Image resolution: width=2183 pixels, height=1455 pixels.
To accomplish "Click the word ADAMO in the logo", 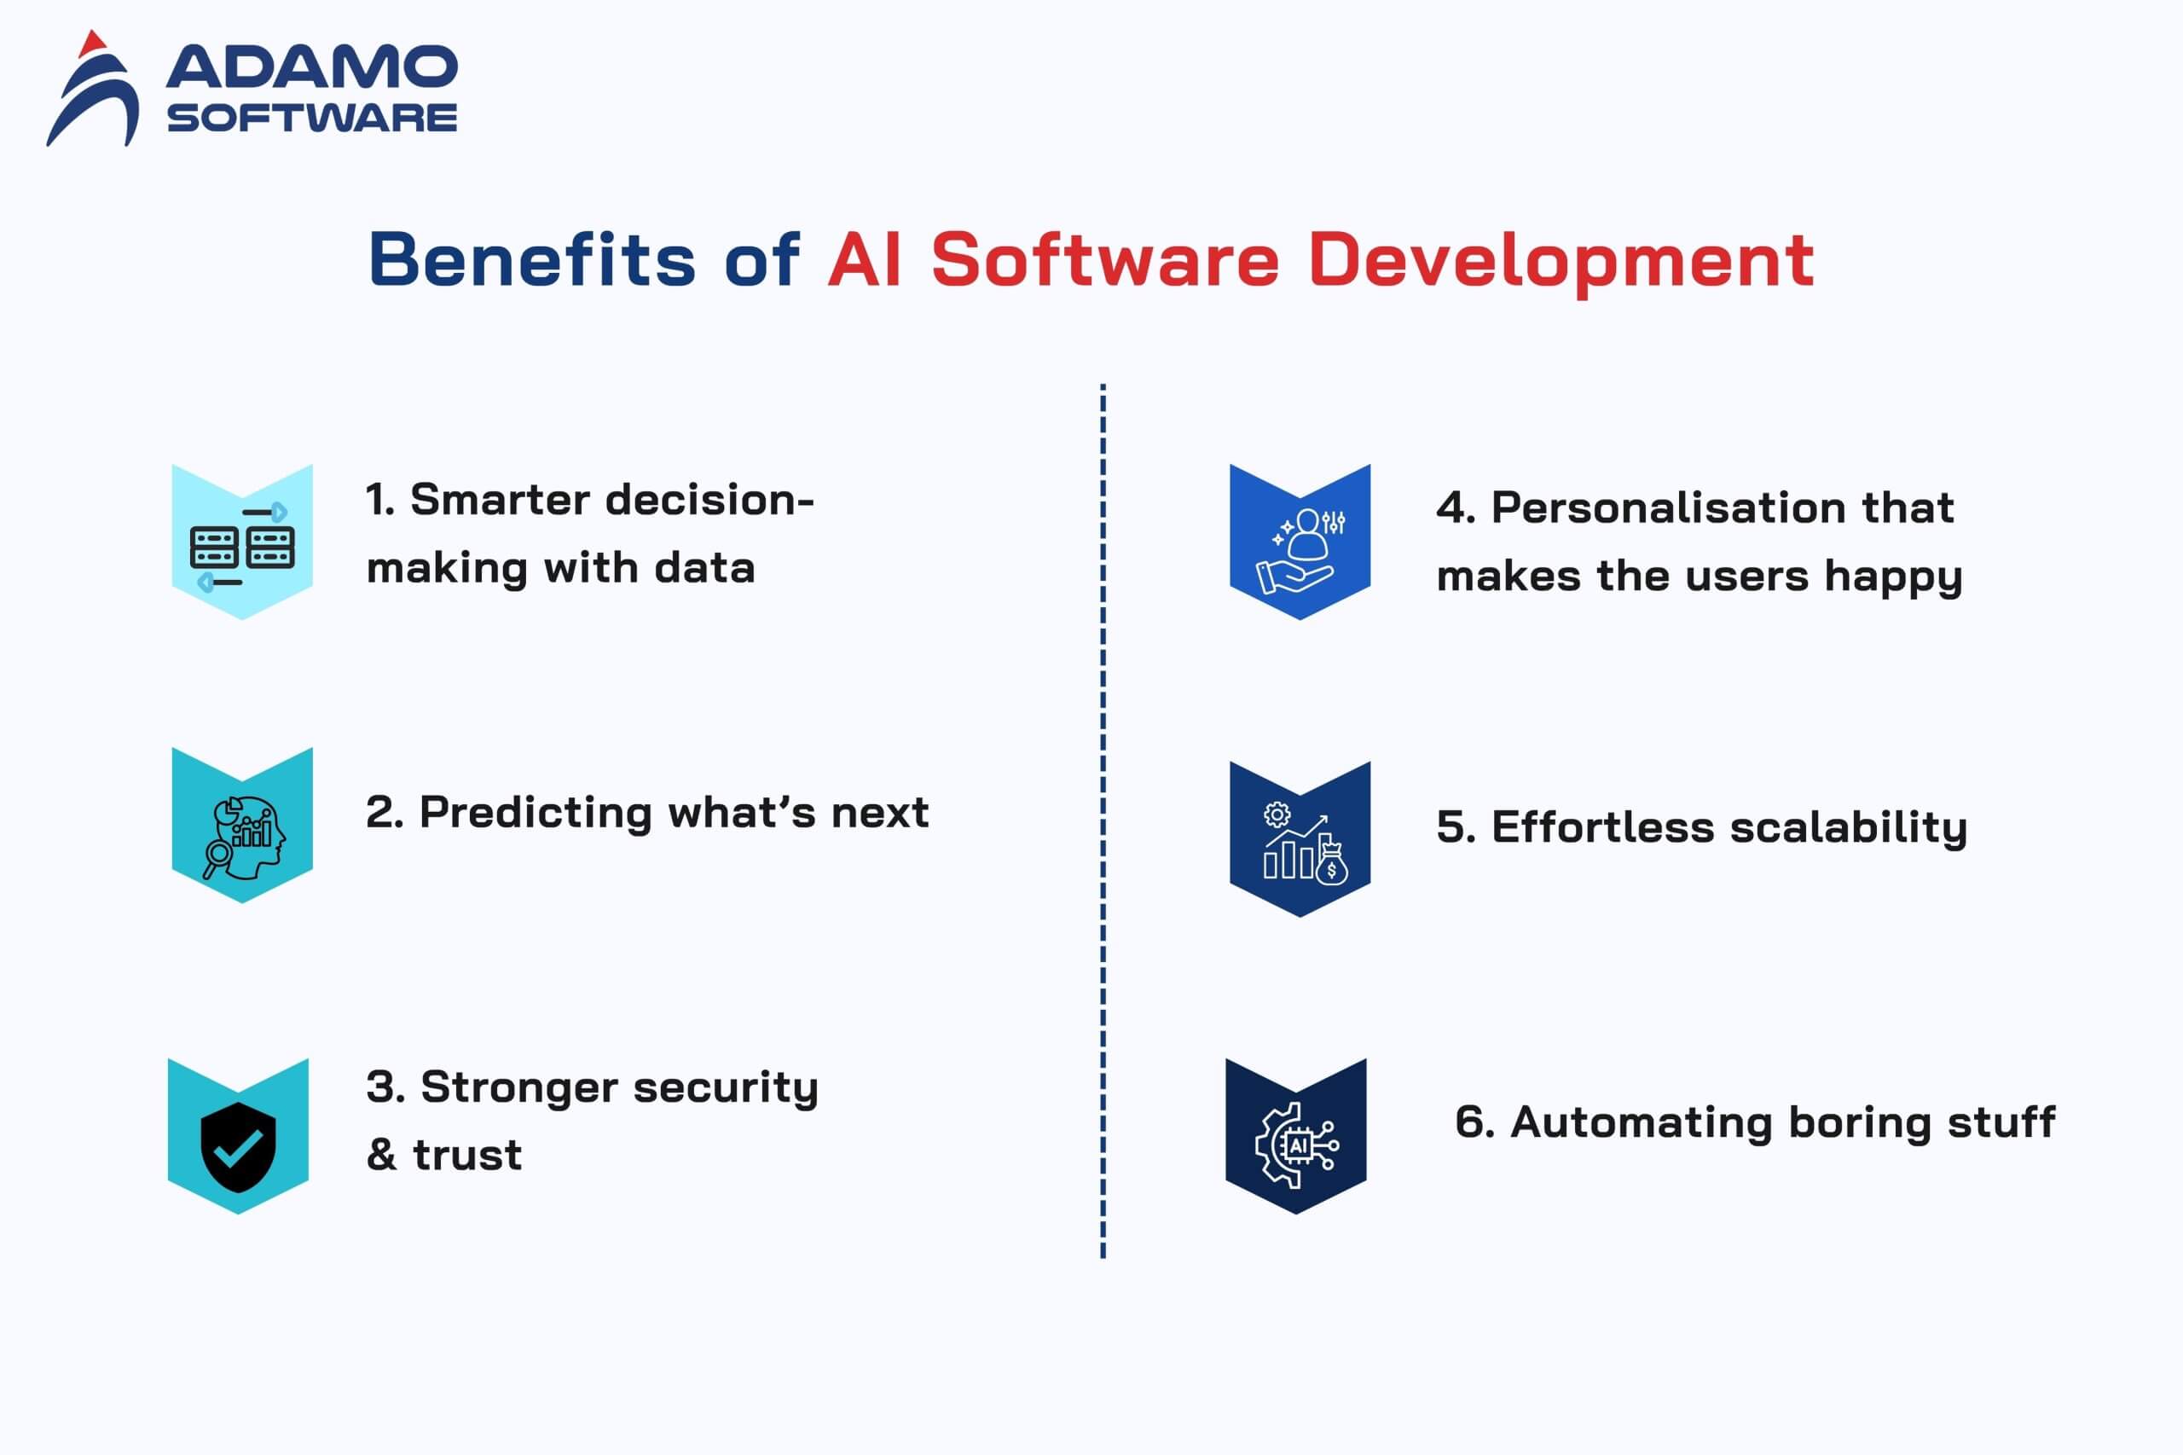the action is click(312, 67).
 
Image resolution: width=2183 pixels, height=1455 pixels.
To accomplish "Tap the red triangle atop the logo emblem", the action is click(93, 43).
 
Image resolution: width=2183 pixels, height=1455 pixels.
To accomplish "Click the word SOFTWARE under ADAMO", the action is click(312, 118).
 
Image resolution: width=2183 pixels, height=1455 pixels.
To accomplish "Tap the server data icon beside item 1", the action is click(242, 548).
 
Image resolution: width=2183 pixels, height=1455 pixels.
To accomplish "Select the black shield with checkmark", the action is click(239, 1147).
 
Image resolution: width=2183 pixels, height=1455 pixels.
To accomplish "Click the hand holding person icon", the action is click(1300, 551).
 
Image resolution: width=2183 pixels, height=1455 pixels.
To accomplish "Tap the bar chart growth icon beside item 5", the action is click(1305, 843).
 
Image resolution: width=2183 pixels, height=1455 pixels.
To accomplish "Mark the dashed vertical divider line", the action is click(1103, 820).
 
